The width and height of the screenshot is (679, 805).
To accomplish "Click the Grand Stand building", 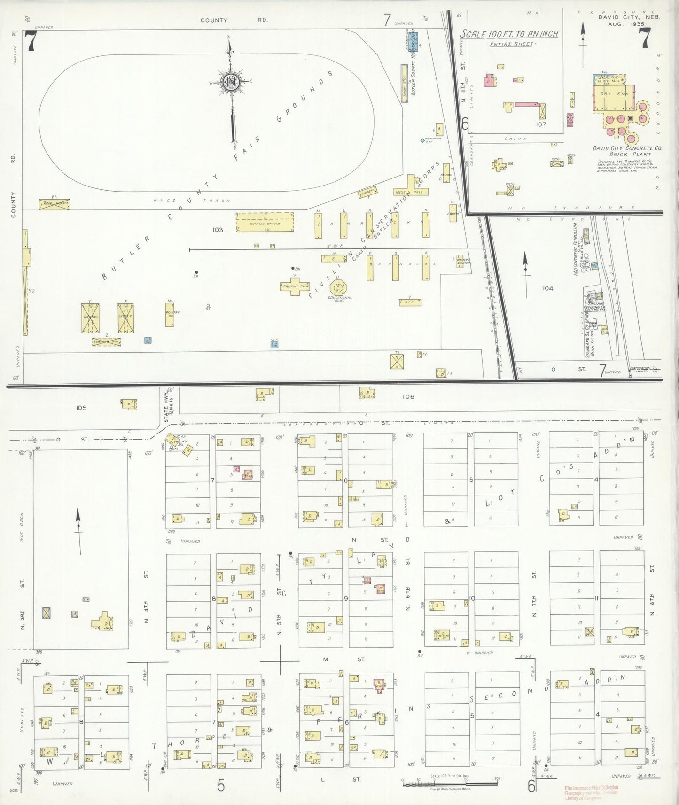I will pyautogui.click(x=265, y=222).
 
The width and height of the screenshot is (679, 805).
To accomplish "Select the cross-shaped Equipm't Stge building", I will pyautogui.click(x=295, y=286).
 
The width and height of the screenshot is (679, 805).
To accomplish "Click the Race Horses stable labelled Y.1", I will pyautogui.click(x=55, y=204).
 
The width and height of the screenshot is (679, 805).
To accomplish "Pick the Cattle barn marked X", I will pyautogui.click(x=126, y=317).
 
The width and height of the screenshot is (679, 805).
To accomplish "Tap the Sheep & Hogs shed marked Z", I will pyautogui.click(x=107, y=342).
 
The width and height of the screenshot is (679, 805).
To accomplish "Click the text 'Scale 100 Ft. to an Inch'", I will pyautogui.click(x=509, y=34).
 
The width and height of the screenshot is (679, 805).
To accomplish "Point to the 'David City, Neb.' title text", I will pyautogui.click(x=629, y=17).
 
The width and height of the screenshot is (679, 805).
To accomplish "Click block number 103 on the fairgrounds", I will pyautogui.click(x=217, y=230).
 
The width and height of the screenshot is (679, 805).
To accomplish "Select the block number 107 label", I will pyautogui.click(x=540, y=124).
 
